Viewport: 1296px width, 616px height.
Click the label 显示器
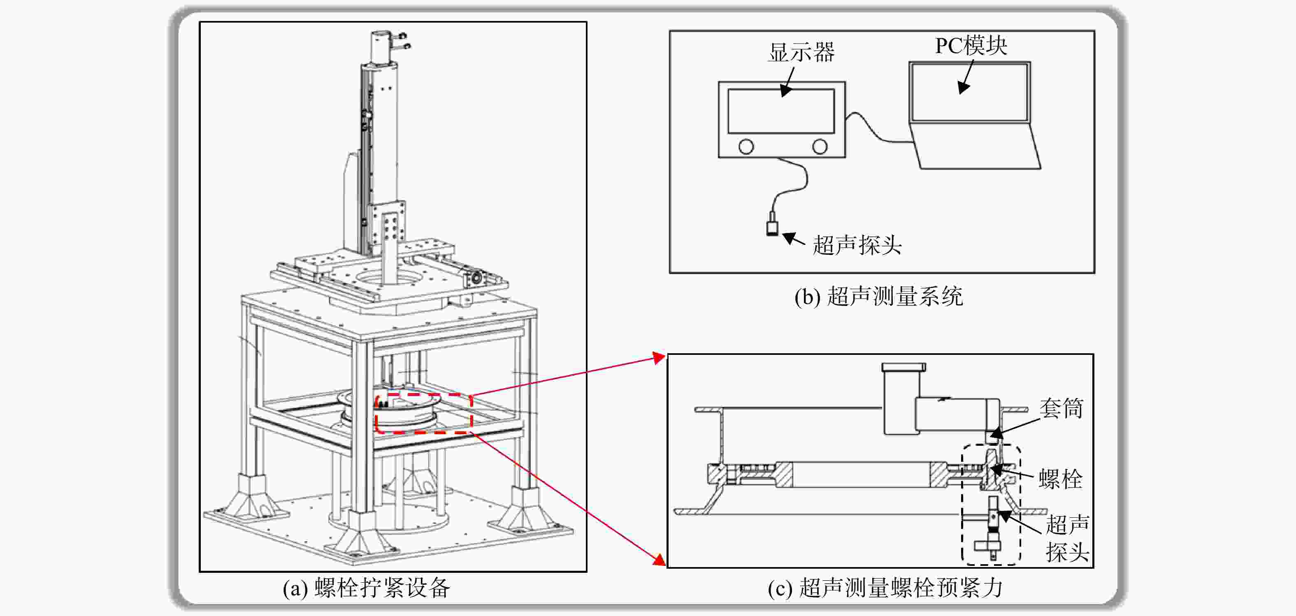tap(801, 52)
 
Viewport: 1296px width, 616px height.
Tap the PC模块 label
tap(971, 45)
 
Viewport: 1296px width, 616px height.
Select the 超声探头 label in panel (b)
tap(857, 245)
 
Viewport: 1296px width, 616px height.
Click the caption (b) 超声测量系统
tap(878, 296)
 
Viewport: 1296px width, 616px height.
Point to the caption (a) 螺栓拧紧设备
tap(366, 587)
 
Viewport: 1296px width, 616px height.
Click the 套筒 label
tap(1061, 408)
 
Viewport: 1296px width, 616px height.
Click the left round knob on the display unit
tap(746, 146)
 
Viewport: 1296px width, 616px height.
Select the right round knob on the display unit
tap(820, 146)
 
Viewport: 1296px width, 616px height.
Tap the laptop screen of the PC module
tap(969, 92)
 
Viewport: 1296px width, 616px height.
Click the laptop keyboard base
tap(976, 146)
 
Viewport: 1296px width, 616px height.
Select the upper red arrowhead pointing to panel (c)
tap(660, 357)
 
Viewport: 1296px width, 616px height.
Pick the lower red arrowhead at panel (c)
tap(659, 560)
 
